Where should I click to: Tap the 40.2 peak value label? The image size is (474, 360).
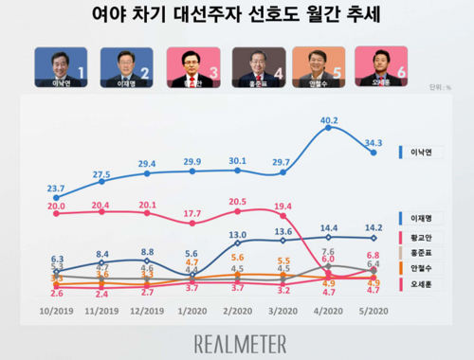click(329, 119)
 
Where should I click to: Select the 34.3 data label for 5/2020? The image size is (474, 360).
click(374, 141)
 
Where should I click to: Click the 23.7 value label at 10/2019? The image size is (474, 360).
click(56, 188)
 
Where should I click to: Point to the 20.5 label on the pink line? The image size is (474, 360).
click(237, 202)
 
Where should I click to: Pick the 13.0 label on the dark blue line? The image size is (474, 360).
click(238, 234)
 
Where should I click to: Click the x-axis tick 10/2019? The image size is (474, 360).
click(56, 309)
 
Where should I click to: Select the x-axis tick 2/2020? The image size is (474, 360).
click(237, 309)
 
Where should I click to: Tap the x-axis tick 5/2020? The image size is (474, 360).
click(374, 309)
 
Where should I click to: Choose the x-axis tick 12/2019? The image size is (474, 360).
click(147, 309)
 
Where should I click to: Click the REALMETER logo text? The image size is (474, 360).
click(236, 339)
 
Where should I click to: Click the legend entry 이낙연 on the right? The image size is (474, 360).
click(423, 151)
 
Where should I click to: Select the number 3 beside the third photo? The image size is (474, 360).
click(217, 72)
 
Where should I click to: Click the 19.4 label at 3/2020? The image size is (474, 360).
click(283, 207)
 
